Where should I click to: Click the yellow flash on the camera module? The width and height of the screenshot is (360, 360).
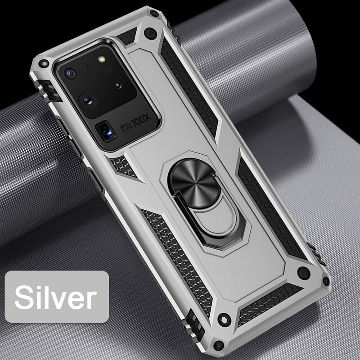tap(101, 59)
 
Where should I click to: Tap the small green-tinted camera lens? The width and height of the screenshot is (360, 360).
tap(118, 86)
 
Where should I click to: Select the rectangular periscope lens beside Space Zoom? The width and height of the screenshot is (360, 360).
tap(106, 133)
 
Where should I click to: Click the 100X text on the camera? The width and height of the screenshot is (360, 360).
tap(142, 120)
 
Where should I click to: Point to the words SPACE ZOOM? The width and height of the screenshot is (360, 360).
tap(126, 127)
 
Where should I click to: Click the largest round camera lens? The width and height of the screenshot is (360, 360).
tap(87, 100)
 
